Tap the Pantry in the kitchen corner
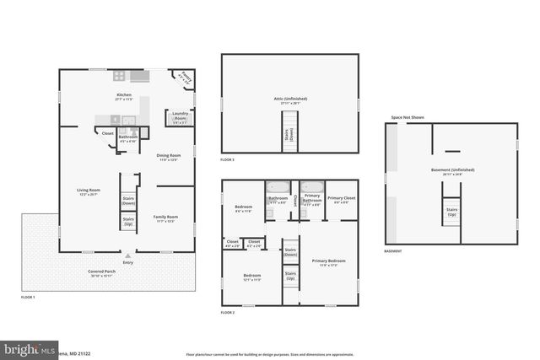coord(186,78)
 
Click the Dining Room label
coord(168,157)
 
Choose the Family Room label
coord(165,218)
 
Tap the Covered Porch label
coord(105,273)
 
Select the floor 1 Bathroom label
coord(128,138)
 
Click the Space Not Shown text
coord(407,117)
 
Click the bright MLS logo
coord(27,347)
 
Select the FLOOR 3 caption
coord(228,159)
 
